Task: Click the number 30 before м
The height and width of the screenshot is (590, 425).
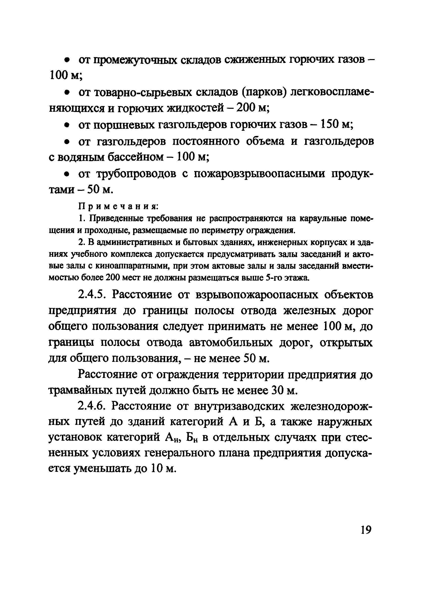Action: (276, 391)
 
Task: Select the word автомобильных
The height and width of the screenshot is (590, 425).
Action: (231, 343)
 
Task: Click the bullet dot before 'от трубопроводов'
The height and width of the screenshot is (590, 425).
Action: (67, 174)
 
